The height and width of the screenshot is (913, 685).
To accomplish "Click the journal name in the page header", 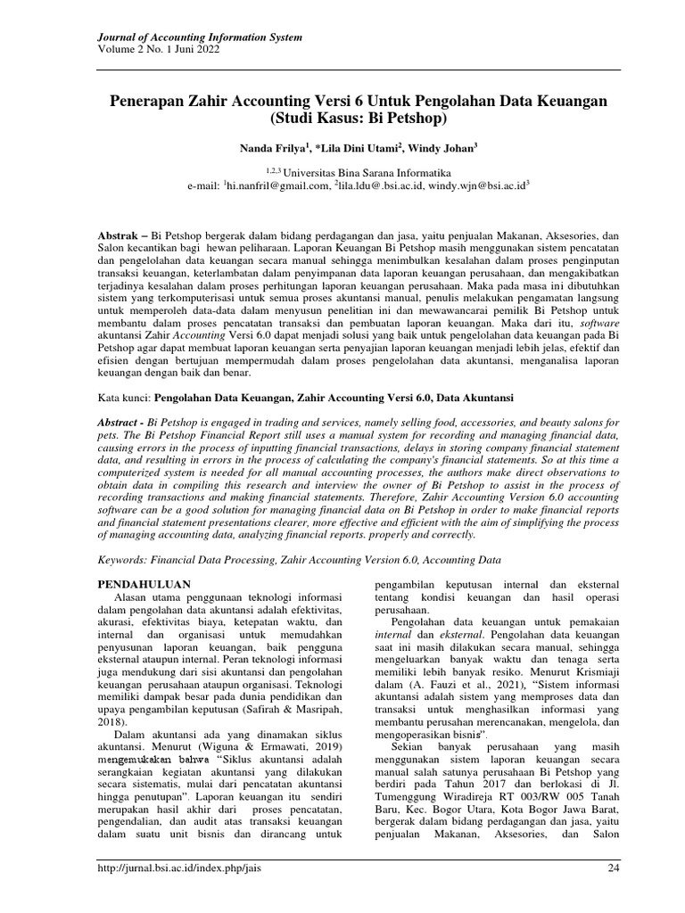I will click(198, 37).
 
